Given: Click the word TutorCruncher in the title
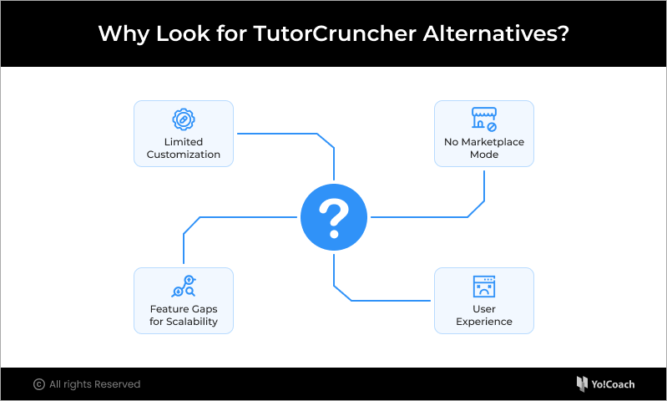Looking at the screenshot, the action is coord(335,33).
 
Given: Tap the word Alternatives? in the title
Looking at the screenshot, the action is coord(496,33).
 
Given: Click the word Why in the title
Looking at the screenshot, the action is coord(124,34).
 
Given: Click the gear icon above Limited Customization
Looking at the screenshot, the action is coord(184,119).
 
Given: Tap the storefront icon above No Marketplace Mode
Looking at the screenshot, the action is coord(484,119).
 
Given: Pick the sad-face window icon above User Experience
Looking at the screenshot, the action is coord(484,287).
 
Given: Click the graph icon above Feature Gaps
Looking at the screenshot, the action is coord(184,286).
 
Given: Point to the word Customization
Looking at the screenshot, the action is coord(184,155).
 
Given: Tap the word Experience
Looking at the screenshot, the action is coord(484,322).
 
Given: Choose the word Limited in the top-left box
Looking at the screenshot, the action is coord(184,142).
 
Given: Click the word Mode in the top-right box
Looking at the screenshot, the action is coord(484,155).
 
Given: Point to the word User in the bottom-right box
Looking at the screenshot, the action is coord(484,309).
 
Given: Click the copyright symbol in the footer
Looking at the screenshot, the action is coord(39,384).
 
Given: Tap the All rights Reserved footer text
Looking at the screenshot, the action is coord(95,384).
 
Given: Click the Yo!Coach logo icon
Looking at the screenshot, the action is coord(582,384).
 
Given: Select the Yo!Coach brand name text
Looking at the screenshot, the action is coord(613,384).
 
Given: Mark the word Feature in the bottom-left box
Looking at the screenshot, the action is coord(167,309).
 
